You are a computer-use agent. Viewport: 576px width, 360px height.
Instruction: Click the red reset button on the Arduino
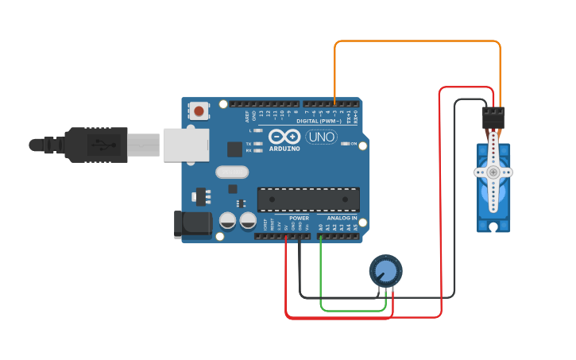click(199, 111)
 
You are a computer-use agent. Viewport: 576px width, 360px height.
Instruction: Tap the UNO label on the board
click(322, 137)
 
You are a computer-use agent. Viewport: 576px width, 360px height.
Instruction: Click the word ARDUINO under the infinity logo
click(284, 149)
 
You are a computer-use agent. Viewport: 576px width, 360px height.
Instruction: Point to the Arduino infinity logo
click(284, 136)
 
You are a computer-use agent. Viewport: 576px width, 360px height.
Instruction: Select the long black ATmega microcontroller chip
click(308, 199)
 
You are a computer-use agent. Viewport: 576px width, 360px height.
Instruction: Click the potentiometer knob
click(385, 271)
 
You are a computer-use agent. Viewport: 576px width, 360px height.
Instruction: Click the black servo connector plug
click(493, 117)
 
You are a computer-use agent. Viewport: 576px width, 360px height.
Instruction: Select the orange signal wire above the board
click(417, 41)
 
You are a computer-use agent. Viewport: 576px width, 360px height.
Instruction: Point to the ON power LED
click(345, 143)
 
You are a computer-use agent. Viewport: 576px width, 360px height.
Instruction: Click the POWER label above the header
click(299, 218)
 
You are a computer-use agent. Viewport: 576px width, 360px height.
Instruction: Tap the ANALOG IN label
click(342, 218)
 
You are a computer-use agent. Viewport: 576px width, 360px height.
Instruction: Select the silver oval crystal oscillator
click(231, 172)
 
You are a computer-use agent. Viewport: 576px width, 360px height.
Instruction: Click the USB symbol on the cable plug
click(101, 145)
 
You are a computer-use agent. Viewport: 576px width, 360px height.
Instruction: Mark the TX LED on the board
click(257, 143)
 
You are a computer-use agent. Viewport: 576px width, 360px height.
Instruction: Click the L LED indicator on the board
click(257, 130)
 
